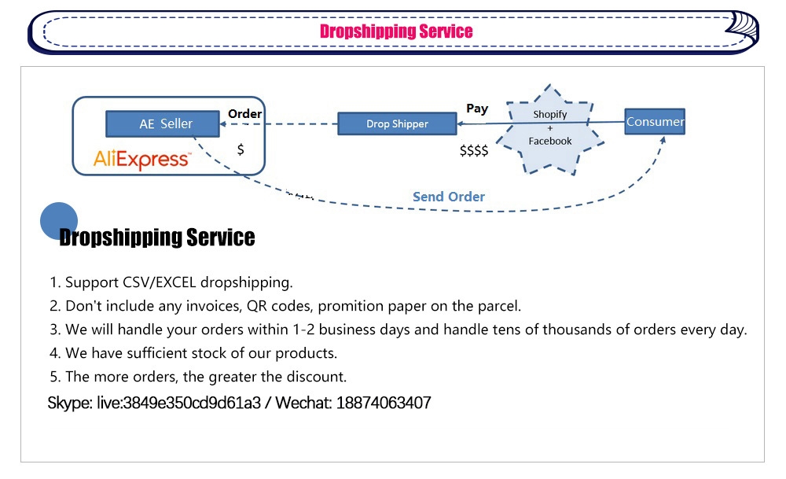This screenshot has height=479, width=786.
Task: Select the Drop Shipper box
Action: pos(397,123)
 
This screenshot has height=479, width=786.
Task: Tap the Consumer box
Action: pos(655,121)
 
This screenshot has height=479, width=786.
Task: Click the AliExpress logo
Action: pos(141,159)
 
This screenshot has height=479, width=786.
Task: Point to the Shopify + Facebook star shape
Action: pos(550,129)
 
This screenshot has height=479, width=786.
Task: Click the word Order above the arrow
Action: pos(244,114)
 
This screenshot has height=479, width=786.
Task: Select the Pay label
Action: pos(477,109)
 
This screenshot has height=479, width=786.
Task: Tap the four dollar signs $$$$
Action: pos(474,150)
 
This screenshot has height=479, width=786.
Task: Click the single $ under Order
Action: pos(241,149)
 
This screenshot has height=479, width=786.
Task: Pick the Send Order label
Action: pos(449,197)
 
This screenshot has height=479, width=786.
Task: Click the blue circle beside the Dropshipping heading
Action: pos(59,221)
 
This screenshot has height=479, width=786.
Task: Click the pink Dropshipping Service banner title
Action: pos(396,31)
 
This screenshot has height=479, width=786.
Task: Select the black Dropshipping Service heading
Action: pos(157,238)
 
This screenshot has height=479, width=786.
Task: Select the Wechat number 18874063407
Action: pos(384,403)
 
